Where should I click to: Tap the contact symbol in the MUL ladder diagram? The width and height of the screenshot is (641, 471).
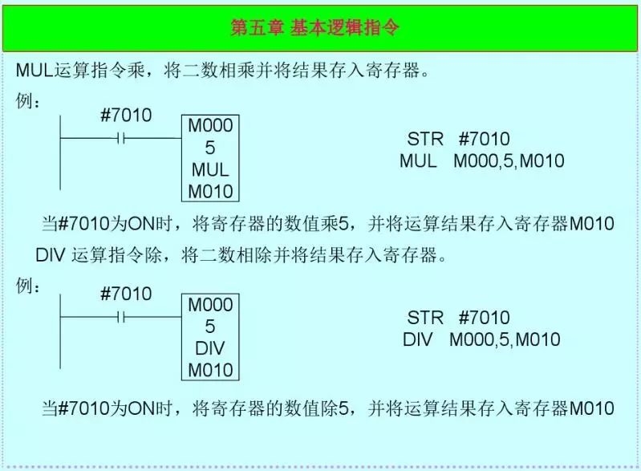(x=121, y=138)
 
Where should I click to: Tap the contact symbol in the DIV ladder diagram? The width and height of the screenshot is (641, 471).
(x=121, y=317)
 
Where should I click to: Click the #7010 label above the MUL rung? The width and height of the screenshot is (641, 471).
(x=126, y=116)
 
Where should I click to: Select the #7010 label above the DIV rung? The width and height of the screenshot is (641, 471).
(x=126, y=294)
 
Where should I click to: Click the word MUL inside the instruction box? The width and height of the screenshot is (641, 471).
(x=210, y=170)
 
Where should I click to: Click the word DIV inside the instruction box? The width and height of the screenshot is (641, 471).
(x=210, y=349)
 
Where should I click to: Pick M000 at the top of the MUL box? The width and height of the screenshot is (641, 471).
(x=210, y=127)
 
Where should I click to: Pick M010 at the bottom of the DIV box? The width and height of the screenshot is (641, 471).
(x=210, y=370)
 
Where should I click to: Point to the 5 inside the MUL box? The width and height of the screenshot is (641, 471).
(x=210, y=148)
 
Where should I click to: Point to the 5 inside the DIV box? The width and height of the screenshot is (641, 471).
(x=210, y=327)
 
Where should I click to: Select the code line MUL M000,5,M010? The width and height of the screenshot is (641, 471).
(x=481, y=161)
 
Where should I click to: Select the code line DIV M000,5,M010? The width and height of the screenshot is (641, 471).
(x=481, y=339)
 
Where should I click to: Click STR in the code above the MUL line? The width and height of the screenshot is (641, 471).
(x=425, y=140)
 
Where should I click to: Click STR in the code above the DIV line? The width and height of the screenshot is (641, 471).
(x=425, y=318)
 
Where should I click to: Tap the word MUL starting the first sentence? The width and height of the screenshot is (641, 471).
(x=34, y=70)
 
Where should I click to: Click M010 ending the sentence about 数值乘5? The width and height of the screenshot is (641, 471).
(x=592, y=224)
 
